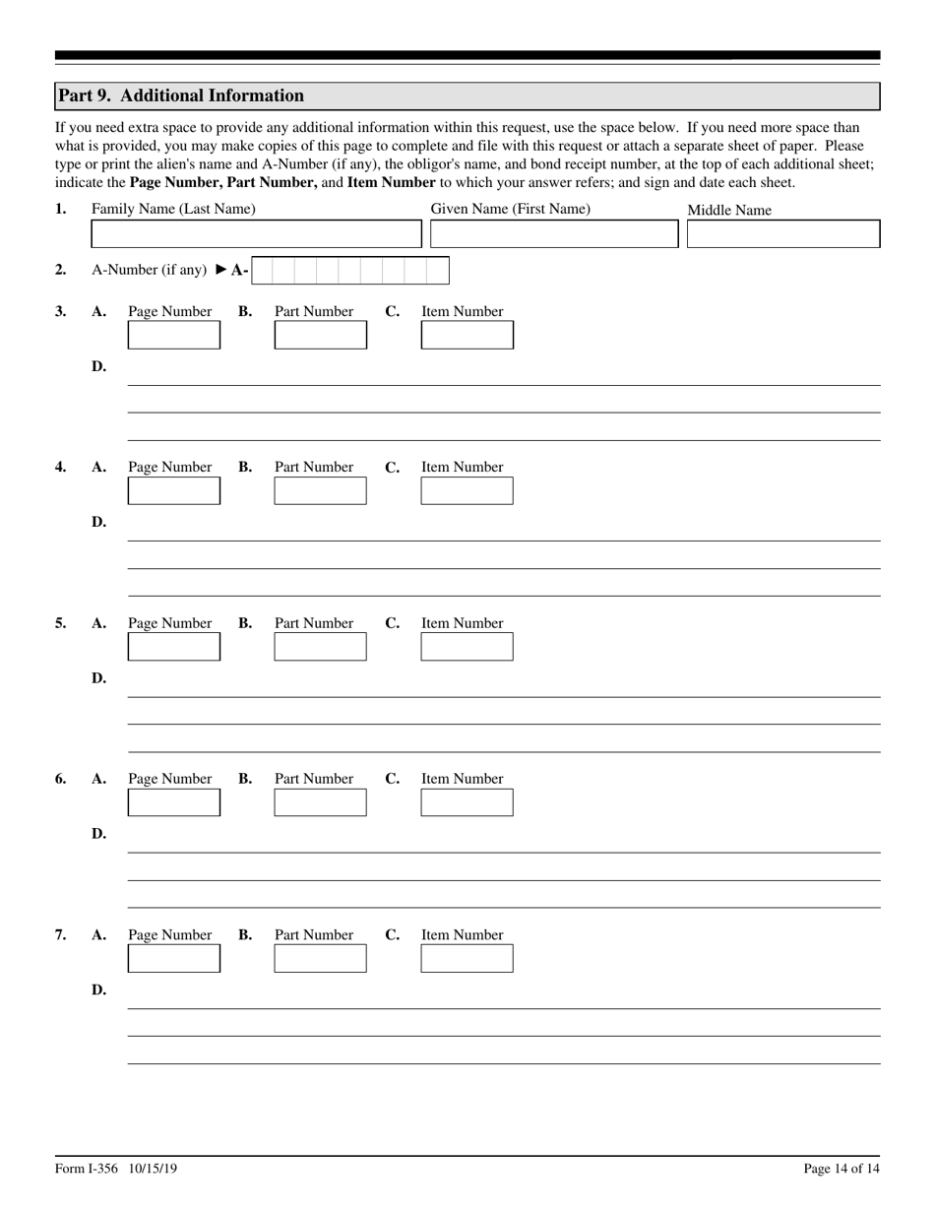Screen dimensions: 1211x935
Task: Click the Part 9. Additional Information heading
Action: pos(181,96)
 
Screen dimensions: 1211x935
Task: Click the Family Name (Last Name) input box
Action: pos(256,234)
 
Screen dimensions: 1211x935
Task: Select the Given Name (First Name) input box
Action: pos(554,234)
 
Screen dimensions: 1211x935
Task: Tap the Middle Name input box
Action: pos(782,234)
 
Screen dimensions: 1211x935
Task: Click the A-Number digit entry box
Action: pos(349,271)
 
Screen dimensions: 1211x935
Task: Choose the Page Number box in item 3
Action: pos(174,336)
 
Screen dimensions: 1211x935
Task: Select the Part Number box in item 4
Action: pos(320,491)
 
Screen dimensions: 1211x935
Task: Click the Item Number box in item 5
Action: pos(467,647)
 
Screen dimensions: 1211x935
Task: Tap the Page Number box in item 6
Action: pos(174,802)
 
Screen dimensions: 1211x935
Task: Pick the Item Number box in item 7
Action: pos(467,959)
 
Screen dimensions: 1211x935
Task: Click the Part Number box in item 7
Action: pos(320,959)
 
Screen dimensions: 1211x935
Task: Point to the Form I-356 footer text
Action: pos(116,1169)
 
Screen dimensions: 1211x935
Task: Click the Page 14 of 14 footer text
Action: pos(841,1169)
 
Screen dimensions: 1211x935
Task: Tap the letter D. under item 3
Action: pos(98,366)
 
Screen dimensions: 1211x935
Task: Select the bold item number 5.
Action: pos(61,623)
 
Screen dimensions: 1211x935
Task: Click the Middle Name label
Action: pos(728,210)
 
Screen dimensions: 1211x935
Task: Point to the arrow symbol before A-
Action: pos(221,270)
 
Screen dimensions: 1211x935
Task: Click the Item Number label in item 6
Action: pos(462,779)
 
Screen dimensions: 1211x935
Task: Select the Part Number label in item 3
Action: pos(313,311)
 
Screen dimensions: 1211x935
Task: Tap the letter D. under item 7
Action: pos(98,989)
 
